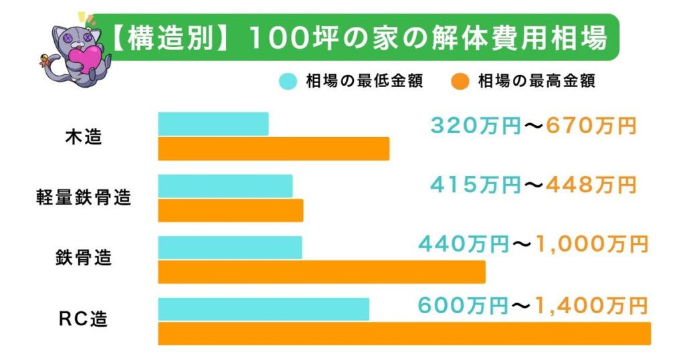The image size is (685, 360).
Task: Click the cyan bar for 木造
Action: click(x=213, y=124)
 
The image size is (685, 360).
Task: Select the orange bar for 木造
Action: click(x=273, y=149)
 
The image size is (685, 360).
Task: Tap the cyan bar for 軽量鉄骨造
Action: click(x=225, y=185)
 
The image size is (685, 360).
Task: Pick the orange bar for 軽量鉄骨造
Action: click(x=230, y=210)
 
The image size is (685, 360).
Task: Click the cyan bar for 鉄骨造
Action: click(x=229, y=247)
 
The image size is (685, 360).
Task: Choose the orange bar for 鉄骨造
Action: click(x=321, y=272)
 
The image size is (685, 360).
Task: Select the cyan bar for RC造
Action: click(x=263, y=308)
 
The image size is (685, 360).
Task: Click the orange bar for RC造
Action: click(x=404, y=333)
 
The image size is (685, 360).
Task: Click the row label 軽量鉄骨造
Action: click(x=84, y=198)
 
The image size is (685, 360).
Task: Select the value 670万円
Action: click(x=591, y=126)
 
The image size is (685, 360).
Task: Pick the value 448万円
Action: click(x=591, y=185)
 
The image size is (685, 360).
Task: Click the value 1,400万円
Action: click(x=591, y=306)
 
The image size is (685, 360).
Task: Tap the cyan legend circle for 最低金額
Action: click(x=288, y=82)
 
